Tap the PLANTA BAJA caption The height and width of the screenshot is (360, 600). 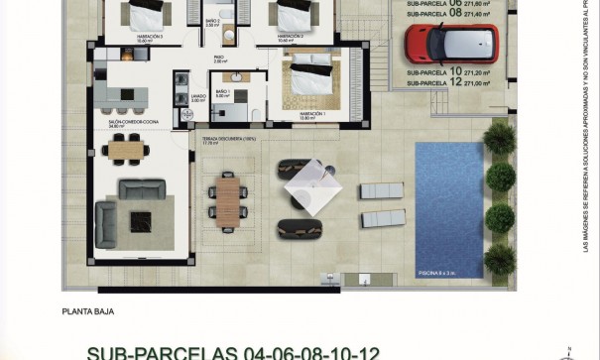[x=87, y=310]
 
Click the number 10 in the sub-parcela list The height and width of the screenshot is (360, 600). [x=455, y=72]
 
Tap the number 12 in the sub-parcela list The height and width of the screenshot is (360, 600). [x=455, y=84]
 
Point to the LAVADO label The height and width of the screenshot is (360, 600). [x=198, y=97]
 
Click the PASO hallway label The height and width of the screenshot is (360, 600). [x=218, y=58]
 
